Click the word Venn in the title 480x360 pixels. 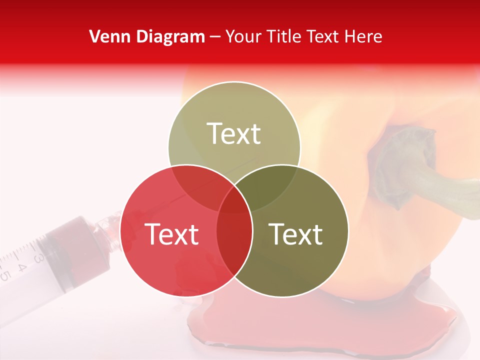pyautogui.click(x=106, y=36)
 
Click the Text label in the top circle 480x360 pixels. pyautogui.click(x=234, y=134)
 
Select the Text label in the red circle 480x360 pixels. pyautogui.click(x=171, y=234)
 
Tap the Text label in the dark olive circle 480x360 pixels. pyautogui.click(x=296, y=234)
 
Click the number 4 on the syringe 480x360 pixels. pyautogui.click(x=22, y=267)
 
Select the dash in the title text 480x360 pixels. pyautogui.click(x=215, y=36)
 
